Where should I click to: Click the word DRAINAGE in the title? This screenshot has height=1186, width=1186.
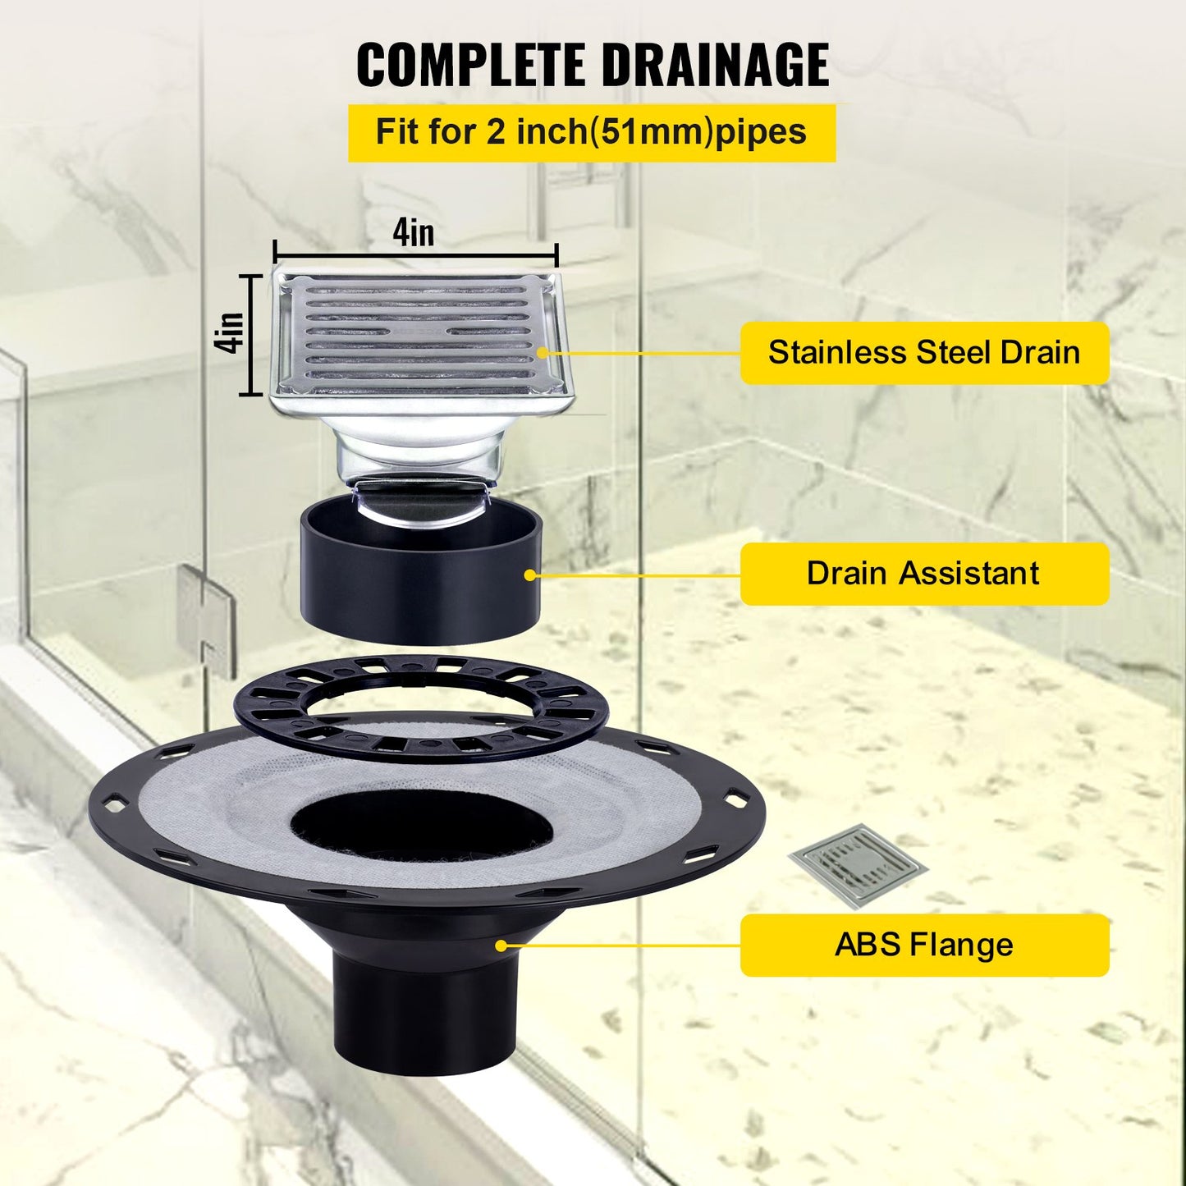coord(715,65)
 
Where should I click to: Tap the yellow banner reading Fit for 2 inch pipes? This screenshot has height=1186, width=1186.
coord(591,132)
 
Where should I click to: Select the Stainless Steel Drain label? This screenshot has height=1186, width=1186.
coord(924,353)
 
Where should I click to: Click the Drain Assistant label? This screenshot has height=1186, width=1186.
coord(924,574)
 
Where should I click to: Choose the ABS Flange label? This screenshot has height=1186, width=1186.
coord(924,945)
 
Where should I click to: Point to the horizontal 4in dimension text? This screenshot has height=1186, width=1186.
coord(413,232)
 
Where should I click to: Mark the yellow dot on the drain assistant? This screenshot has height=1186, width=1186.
coord(529,575)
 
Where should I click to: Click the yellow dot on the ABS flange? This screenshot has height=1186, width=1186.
coord(501,946)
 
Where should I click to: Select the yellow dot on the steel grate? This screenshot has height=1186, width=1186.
coord(542,353)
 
